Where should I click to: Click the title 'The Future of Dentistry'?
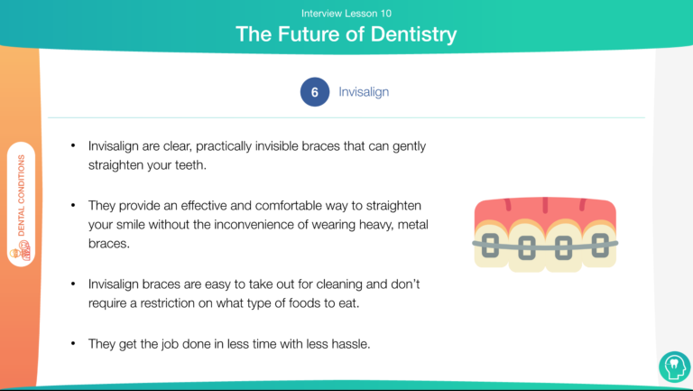click(346, 34)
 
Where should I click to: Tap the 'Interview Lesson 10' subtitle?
click(346, 14)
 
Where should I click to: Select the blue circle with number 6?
click(315, 92)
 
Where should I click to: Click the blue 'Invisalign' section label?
click(364, 92)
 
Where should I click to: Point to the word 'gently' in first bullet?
click(410, 146)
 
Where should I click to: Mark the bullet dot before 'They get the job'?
click(73, 343)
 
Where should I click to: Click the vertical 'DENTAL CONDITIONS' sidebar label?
click(22, 195)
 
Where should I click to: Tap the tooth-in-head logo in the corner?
click(674, 367)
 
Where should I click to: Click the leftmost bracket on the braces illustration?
click(490, 246)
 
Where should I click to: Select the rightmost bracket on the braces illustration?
click(600, 245)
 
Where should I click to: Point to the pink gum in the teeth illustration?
click(545, 211)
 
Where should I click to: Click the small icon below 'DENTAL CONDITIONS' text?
click(22, 251)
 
